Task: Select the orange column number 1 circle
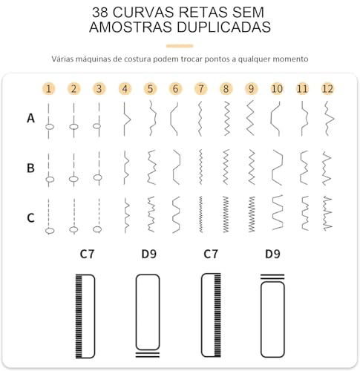point(48,89)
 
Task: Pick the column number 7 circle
point(200,89)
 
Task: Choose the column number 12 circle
point(327,89)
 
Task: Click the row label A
point(30,117)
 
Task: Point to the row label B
point(30,168)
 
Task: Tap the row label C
point(30,218)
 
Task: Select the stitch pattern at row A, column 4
point(125,118)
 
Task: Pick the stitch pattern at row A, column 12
point(327,118)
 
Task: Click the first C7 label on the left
point(88,255)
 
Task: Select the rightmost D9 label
point(273,255)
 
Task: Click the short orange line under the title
point(180,45)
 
